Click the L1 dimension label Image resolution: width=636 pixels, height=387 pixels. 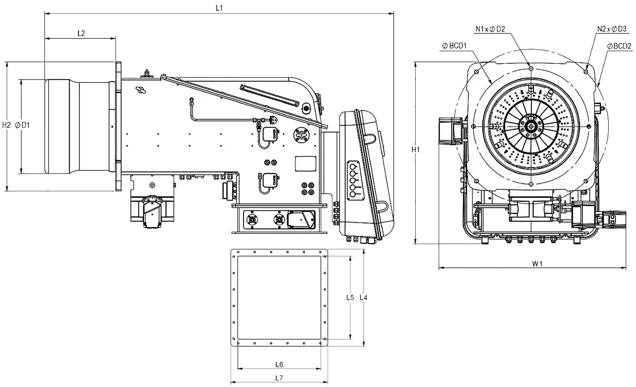[219, 8]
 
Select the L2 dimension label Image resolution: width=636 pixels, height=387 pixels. [81, 33]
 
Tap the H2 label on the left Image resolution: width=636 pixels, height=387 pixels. [7, 125]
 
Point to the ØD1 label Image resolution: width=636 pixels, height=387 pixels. [22, 125]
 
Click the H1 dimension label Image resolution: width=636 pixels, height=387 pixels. [416, 150]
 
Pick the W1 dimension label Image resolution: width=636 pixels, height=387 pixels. [537, 264]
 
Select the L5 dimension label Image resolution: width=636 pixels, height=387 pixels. [350, 298]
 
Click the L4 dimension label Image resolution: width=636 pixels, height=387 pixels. [364, 298]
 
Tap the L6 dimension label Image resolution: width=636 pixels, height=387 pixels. [279, 364]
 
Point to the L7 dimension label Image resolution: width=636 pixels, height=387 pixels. [279, 378]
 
